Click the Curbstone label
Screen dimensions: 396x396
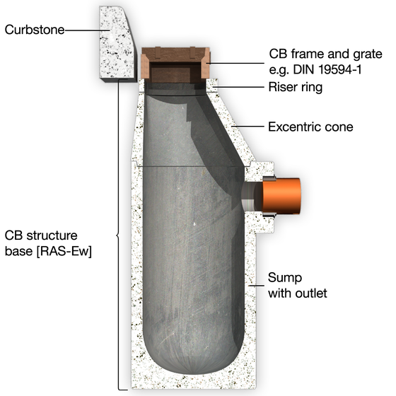tap(35, 30)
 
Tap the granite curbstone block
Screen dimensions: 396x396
tap(117, 43)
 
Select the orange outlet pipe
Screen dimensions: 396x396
tap(281, 196)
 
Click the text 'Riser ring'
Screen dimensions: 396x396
tap(296, 87)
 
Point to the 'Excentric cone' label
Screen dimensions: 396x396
tap(310, 127)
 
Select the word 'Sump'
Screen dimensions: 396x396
tap(285, 278)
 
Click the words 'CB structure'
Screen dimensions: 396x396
tap(41, 235)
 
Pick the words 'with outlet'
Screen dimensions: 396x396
tap(298, 293)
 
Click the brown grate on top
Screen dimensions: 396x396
tap(175, 64)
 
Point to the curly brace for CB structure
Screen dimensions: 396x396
tap(118, 235)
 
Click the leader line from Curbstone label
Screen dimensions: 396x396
tap(87, 30)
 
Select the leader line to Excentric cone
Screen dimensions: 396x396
tap(248, 126)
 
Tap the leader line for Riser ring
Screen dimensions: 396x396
tap(238, 87)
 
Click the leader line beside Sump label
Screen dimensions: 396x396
tap(256, 286)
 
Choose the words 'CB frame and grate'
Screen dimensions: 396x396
tap(325, 54)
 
